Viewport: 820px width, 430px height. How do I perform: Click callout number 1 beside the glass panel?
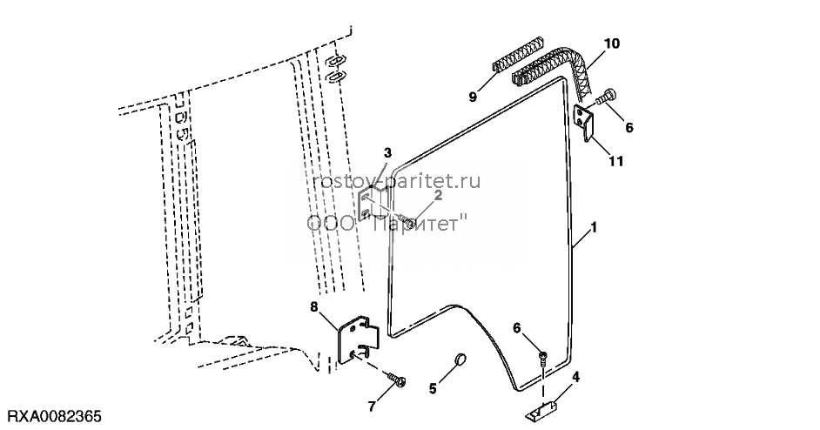[593, 228]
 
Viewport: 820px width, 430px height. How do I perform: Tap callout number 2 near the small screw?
[438, 196]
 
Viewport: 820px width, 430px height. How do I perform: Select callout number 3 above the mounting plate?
[387, 152]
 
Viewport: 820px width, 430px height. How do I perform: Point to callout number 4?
[575, 377]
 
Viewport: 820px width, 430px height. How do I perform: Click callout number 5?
[433, 389]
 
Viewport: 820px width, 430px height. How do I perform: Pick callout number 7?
[372, 406]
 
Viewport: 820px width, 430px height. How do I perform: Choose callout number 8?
[313, 306]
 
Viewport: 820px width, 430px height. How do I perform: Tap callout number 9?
[473, 97]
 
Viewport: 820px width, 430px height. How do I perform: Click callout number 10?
[612, 44]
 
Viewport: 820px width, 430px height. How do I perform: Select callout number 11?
[616, 161]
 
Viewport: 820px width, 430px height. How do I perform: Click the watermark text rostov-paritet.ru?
[396, 182]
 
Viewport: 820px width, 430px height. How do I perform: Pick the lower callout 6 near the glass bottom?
[517, 328]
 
